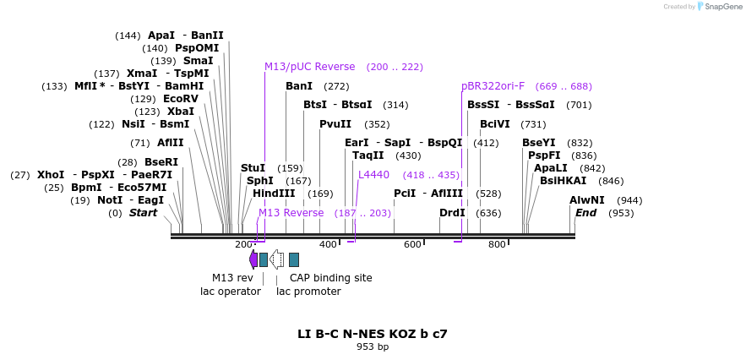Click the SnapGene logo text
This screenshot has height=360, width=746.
[720, 7]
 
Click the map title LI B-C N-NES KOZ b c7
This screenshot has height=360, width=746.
[372, 334]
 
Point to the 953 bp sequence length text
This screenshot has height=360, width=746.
[372, 346]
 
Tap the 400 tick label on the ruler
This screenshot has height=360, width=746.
[328, 245]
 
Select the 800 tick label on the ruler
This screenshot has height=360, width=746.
[497, 245]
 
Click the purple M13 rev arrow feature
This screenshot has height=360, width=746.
[253, 259]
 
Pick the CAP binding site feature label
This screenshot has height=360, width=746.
[330, 277]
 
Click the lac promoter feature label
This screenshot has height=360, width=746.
[308, 292]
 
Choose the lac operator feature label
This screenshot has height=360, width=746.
[230, 292]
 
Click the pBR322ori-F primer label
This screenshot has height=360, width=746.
[493, 86]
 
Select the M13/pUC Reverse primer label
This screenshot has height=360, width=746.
[309, 67]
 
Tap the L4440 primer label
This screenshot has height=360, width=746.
[373, 175]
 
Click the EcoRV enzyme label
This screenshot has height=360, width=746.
[181, 99]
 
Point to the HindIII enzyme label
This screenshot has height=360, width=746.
[274, 194]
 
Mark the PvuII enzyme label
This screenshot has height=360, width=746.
[335, 124]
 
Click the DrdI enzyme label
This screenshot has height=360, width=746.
[452, 213]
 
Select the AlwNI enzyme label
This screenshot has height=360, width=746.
[587, 200]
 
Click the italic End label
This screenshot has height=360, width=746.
[586, 213]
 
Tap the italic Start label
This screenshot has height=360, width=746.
[143, 213]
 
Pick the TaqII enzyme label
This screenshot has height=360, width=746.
[368, 155]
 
